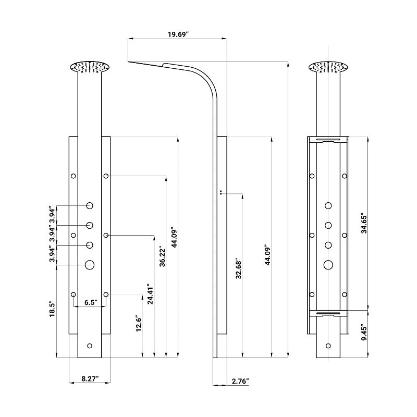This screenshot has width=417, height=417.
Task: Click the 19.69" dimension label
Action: (178, 34)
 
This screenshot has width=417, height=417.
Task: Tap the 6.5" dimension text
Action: (89, 302)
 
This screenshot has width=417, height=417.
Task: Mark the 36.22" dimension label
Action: (163, 256)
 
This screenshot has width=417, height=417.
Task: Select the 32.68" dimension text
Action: (239, 268)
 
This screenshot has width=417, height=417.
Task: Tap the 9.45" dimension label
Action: (364, 332)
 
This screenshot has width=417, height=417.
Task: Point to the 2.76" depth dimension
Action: (240, 381)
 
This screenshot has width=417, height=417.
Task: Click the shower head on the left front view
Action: (90, 68)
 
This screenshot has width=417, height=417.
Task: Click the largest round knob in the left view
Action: (90, 265)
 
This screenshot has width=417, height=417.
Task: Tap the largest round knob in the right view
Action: (328, 265)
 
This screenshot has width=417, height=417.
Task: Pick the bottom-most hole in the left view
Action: (90, 346)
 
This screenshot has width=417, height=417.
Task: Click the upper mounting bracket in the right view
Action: (328, 139)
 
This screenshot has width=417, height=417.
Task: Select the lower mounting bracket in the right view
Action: (328, 313)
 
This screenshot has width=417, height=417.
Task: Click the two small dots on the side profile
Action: (222, 192)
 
